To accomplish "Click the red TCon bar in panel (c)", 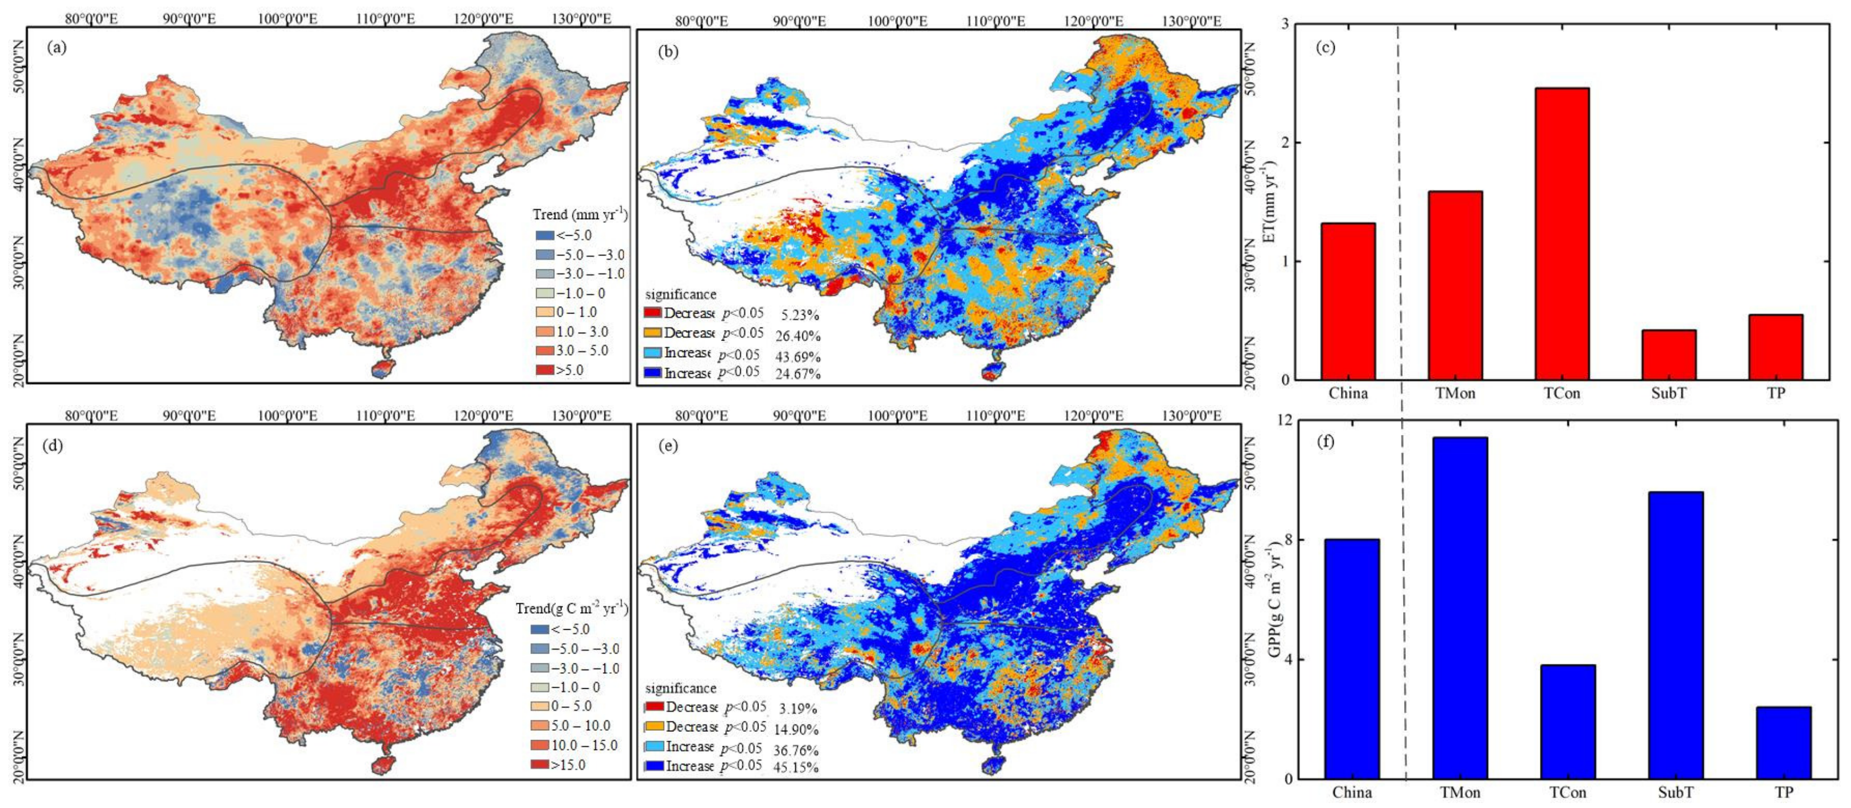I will [x=1561, y=233].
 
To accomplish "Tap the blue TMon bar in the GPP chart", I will [x=1459, y=608].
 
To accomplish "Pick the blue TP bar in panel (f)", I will [x=1783, y=742].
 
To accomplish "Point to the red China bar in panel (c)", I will [x=1347, y=301].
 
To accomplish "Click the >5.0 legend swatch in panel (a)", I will [x=544, y=370].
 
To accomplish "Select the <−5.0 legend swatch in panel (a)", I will [x=544, y=235].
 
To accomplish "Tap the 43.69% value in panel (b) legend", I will [x=797, y=357].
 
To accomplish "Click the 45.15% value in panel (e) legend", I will [x=795, y=767].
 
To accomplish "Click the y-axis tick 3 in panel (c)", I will [x=1280, y=24].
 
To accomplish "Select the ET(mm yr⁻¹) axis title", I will [x=1270, y=201].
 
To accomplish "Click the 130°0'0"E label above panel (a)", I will [x=581, y=18].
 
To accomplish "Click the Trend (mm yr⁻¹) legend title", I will [x=579, y=214].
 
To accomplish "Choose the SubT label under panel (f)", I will [x=1675, y=792].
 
